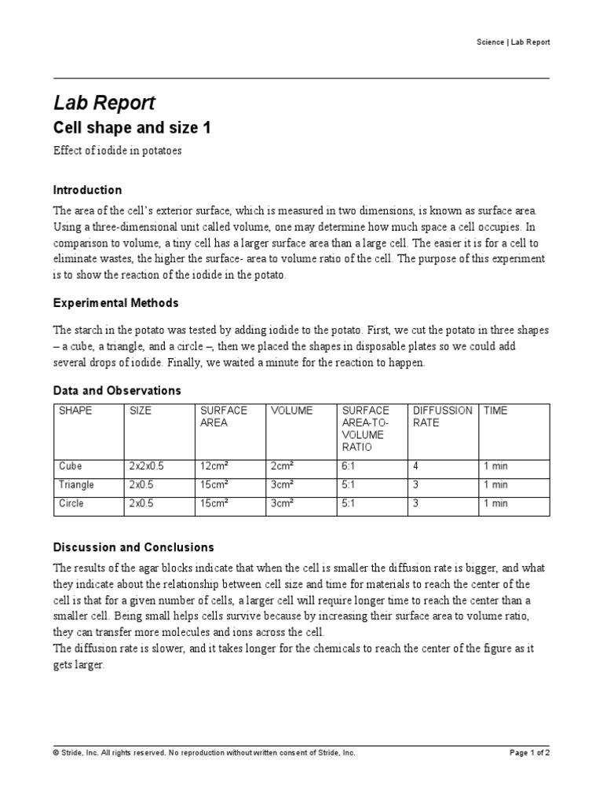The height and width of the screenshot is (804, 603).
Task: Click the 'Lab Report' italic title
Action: [x=104, y=103]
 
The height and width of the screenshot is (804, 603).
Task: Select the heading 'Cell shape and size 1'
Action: [x=132, y=128]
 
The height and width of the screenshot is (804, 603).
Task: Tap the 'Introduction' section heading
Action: [x=87, y=190]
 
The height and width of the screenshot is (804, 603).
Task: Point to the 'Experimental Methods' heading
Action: [x=115, y=302]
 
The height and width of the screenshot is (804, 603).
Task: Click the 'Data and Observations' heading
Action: [x=117, y=390]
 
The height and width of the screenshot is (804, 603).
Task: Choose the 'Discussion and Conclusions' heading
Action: [x=133, y=547]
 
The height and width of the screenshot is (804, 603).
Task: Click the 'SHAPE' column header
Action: [x=75, y=411]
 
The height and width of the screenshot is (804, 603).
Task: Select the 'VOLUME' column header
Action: [x=291, y=411]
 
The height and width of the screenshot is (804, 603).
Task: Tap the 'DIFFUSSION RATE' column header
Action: [x=442, y=416]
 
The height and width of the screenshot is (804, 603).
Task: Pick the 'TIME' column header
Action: [x=495, y=411]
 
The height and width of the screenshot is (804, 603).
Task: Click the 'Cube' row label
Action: [x=71, y=466]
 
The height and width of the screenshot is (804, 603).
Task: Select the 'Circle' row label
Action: [x=71, y=503]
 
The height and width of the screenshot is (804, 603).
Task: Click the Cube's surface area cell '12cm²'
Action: [x=214, y=466]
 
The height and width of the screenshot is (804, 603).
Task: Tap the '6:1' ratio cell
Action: [x=349, y=466]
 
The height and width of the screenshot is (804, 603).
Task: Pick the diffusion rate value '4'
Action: [x=415, y=466]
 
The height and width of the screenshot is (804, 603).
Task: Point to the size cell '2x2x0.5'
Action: [x=146, y=466]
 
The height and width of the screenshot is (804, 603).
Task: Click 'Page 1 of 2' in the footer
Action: [x=529, y=752]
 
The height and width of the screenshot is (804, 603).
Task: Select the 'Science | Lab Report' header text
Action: [x=513, y=42]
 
